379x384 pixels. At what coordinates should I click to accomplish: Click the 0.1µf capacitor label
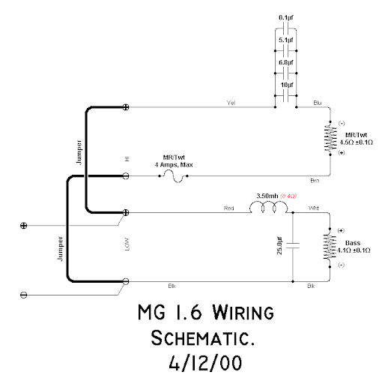point(286,18)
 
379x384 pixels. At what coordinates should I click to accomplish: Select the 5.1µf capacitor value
point(286,40)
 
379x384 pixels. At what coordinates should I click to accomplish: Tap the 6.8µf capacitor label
point(286,62)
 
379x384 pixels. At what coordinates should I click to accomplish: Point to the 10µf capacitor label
point(287,85)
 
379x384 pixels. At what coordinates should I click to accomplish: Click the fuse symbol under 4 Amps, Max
point(174,176)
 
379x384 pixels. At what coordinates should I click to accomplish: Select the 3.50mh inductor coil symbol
point(269,208)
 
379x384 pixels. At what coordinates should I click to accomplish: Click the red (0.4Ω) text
point(288,196)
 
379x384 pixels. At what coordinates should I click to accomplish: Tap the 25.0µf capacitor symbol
point(293,245)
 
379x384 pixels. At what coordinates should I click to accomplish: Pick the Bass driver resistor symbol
point(330,247)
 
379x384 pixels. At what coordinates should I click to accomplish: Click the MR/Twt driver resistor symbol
point(330,138)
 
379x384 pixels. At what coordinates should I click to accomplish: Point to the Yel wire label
point(231,103)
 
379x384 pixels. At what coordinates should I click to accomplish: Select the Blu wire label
point(318,103)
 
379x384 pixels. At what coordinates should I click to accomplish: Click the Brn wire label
point(315,181)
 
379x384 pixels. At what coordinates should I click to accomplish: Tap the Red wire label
point(229,208)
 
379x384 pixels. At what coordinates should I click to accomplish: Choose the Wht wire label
point(314,208)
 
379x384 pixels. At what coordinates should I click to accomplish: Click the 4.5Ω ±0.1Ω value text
point(357,142)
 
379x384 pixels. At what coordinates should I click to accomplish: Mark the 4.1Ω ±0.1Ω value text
point(354,250)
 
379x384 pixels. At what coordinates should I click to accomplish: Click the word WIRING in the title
point(243,312)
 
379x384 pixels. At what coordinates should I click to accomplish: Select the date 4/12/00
point(205,363)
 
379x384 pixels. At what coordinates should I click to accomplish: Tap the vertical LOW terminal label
point(127,244)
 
